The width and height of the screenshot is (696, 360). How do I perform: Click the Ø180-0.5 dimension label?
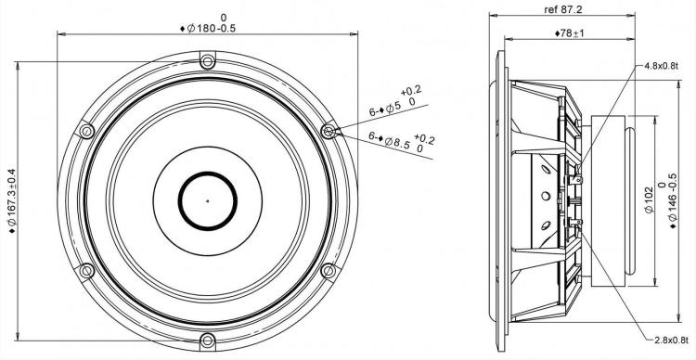pyautogui.click(x=208, y=28)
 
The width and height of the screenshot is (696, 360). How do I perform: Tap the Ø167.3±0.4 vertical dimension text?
pyautogui.click(x=12, y=200)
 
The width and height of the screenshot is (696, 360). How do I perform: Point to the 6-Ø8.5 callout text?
pyautogui.click(x=402, y=142)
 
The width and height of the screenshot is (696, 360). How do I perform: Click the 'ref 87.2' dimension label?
pyautogui.click(x=563, y=9)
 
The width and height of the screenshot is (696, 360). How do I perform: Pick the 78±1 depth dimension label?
pyautogui.click(x=570, y=33)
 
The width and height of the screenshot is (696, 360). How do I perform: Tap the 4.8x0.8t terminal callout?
pyautogui.click(x=661, y=66)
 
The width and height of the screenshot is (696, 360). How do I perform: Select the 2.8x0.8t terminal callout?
pyautogui.click(x=672, y=340)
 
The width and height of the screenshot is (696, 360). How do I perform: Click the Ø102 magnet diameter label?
pyautogui.click(x=649, y=199)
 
